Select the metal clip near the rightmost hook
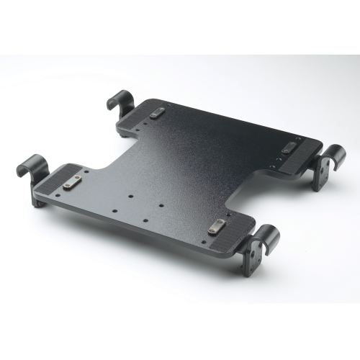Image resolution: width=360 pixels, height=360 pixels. click(x=289, y=147)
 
